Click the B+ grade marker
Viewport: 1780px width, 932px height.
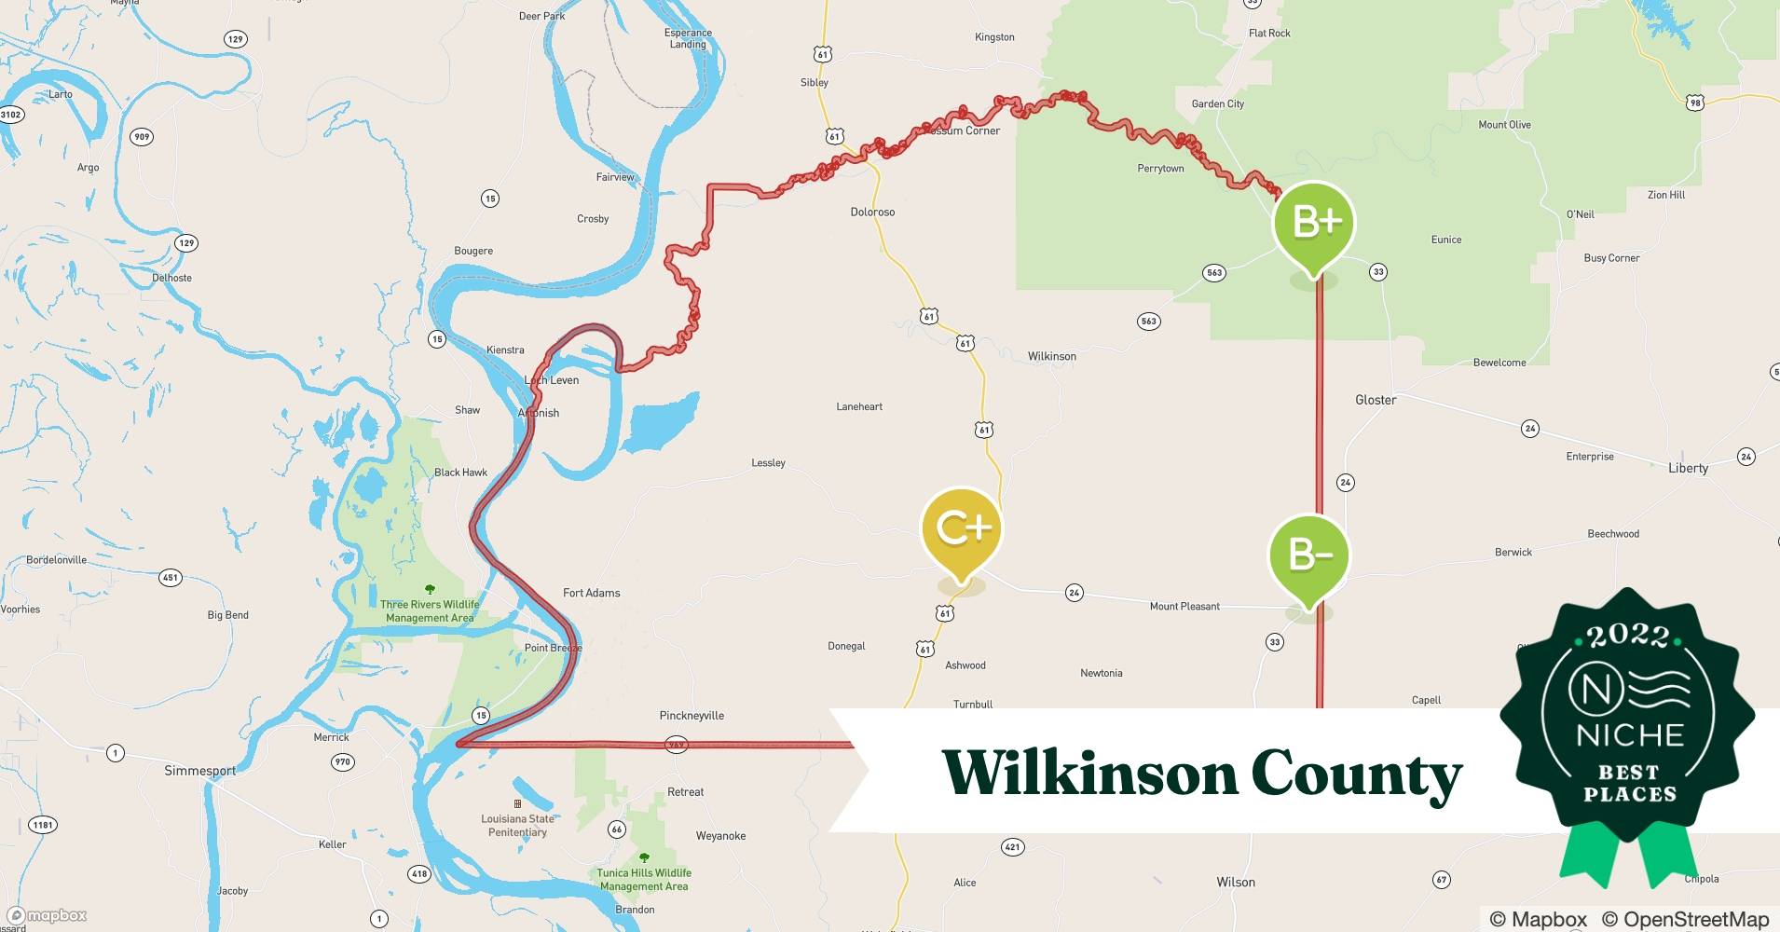(x=1314, y=224)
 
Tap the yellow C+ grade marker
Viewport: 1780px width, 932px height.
(x=961, y=528)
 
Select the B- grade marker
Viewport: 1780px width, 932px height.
(x=1308, y=555)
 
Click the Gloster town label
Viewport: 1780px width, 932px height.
(x=1375, y=400)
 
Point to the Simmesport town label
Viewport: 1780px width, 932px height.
(x=199, y=771)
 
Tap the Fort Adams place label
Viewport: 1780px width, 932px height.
(x=591, y=593)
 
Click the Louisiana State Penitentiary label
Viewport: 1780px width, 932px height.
(x=517, y=825)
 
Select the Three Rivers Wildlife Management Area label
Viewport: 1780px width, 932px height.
(x=430, y=610)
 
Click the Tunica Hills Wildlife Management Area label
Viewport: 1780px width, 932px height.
(x=643, y=880)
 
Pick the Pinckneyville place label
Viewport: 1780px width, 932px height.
(x=691, y=716)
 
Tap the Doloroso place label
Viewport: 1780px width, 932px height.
(x=872, y=212)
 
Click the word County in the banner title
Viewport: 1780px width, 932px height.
(x=1356, y=774)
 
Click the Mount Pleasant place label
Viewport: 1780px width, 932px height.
(x=1184, y=606)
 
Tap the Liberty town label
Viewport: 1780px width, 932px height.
(x=1688, y=468)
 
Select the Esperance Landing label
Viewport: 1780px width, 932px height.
(x=688, y=38)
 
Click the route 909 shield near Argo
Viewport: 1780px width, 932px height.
(x=141, y=137)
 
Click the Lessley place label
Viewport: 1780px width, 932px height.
(x=768, y=462)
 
